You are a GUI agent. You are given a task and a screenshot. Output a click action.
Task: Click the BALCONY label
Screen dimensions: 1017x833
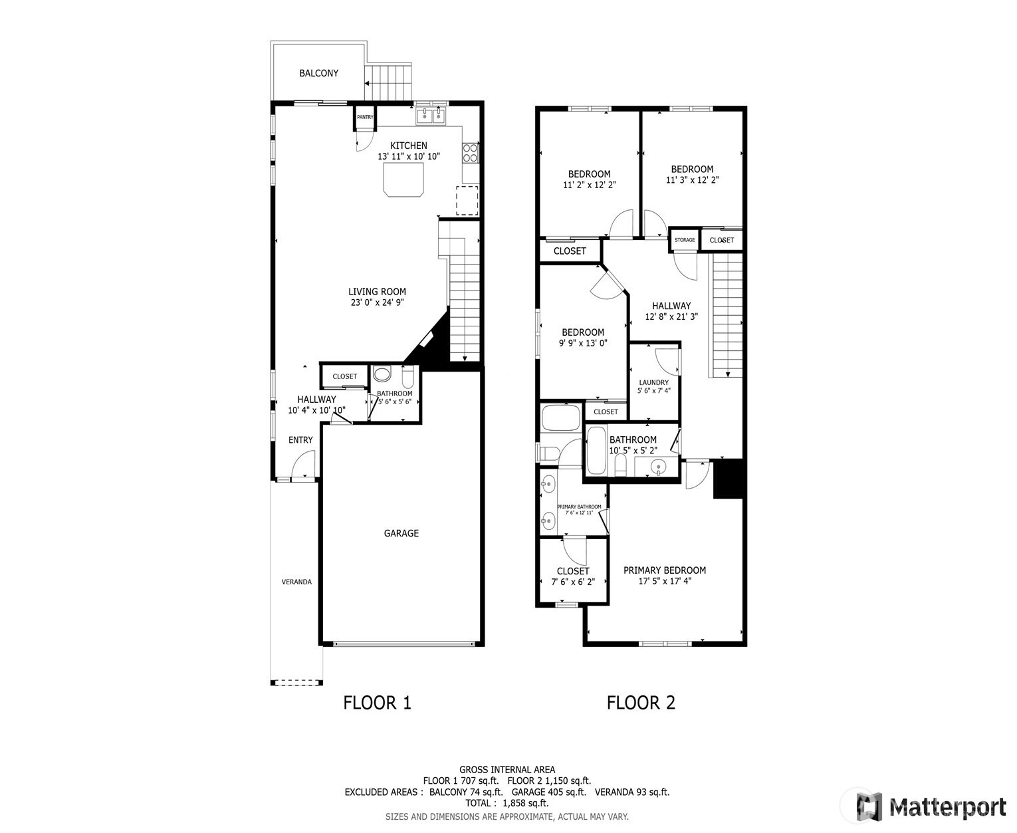pos(318,73)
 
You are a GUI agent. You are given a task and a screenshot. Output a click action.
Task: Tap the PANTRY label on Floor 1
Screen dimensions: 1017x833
pos(365,117)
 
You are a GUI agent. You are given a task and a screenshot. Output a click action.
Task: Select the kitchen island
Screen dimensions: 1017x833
pos(403,179)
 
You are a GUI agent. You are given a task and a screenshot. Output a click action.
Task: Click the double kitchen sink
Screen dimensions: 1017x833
pos(431,116)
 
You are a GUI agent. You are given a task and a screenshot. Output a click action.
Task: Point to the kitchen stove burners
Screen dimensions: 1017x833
pos(470,153)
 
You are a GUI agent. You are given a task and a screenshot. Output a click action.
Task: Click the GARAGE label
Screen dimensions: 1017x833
pos(401,533)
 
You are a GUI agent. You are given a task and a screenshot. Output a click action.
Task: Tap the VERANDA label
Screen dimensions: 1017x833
pos(296,582)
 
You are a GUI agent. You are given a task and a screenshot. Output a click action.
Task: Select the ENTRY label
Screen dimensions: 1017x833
pos(300,440)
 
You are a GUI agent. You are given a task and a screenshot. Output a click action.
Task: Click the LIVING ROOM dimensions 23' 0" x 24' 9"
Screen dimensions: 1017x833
pos(377,303)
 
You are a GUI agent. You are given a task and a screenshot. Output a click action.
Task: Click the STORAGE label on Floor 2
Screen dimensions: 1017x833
pos(684,240)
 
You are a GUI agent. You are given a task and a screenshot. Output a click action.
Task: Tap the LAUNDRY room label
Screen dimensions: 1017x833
pos(654,382)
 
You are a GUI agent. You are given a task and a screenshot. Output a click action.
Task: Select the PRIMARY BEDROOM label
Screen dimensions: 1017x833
pos(665,570)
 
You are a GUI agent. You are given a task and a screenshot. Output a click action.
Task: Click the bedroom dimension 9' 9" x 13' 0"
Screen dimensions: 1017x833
pos(583,344)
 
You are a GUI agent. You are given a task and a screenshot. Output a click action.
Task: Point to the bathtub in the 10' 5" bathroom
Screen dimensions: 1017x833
pos(596,450)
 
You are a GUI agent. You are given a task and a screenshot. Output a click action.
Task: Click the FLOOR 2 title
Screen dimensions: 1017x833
pos(641,703)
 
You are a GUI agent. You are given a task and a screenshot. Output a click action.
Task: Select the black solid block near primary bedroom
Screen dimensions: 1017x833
pos(728,479)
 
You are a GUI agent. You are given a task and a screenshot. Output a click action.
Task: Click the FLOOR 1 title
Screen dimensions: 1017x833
pos(377,703)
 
